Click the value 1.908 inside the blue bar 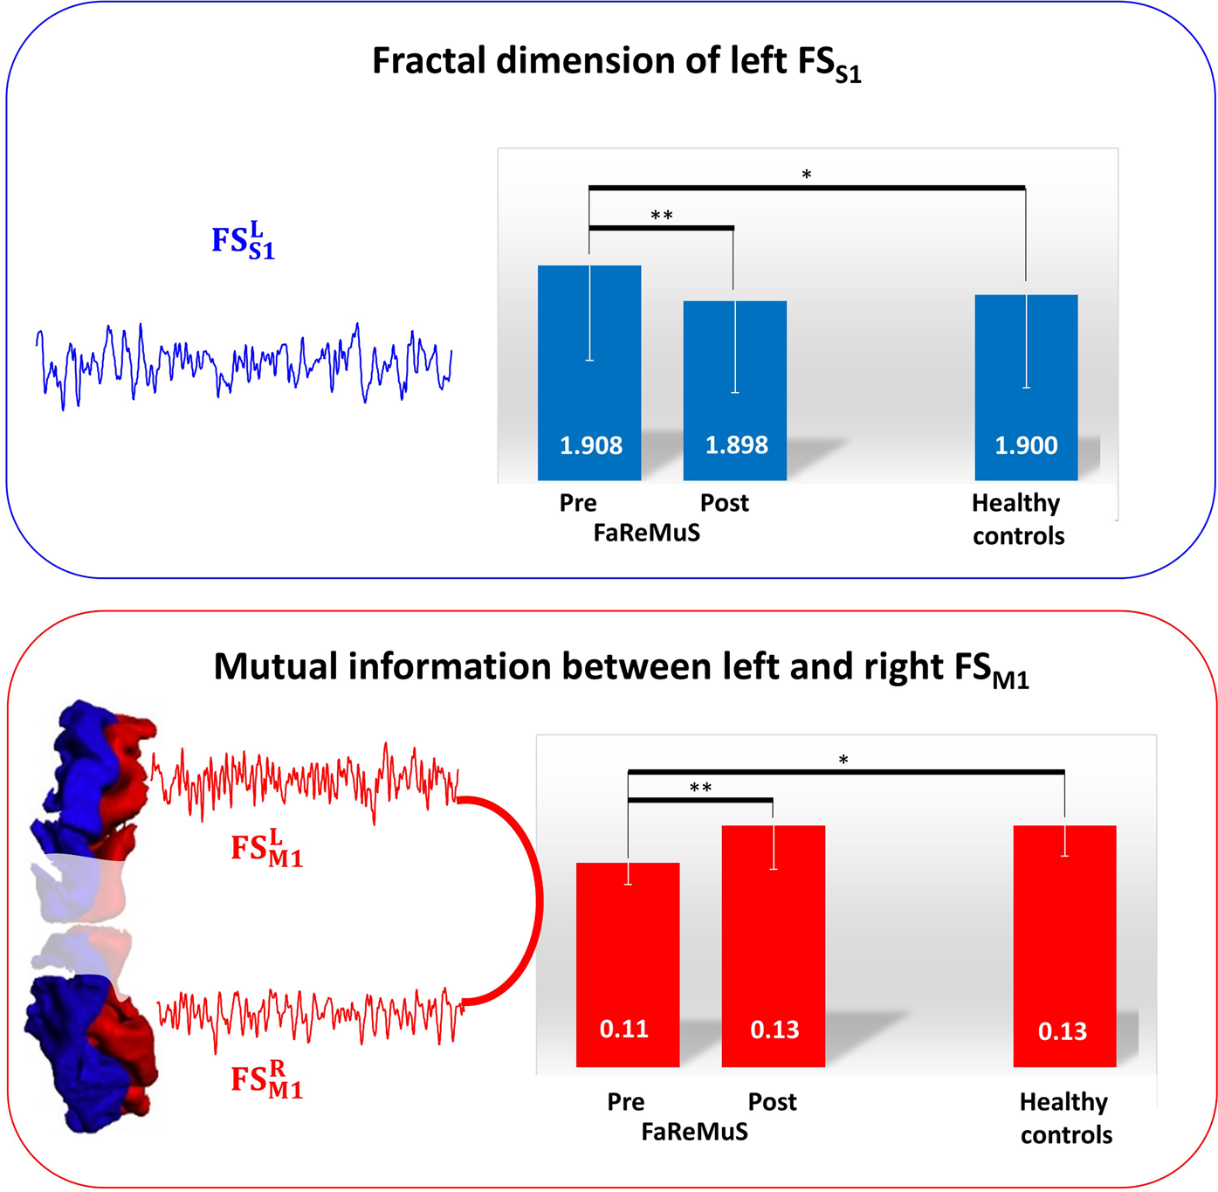click(x=591, y=446)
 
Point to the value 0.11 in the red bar click(x=624, y=1029)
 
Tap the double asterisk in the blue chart click(x=662, y=216)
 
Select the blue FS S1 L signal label click(x=243, y=241)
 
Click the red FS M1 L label click(x=266, y=849)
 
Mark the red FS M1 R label click(x=266, y=1079)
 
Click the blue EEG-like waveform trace click(x=244, y=362)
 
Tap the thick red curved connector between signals click(x=534, y=899)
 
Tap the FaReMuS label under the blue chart click(x=646, y=533)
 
